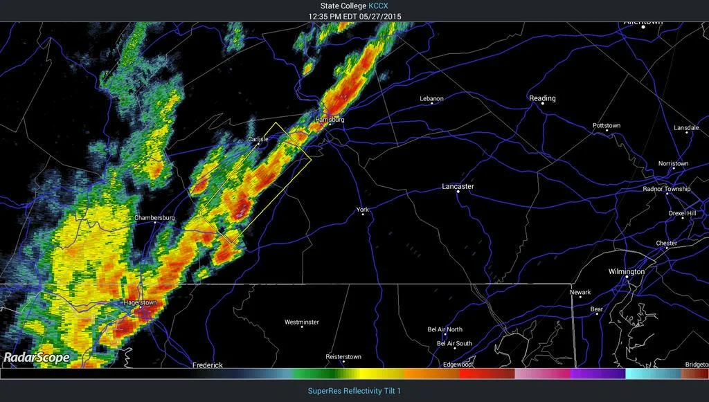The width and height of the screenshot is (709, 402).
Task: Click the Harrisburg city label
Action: coord(330,120)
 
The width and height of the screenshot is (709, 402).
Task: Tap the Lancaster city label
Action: coord(458,187)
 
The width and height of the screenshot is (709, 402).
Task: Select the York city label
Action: coord(363,209)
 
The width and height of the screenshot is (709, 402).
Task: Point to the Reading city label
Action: coord(542,98)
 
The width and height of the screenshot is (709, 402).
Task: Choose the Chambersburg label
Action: coord(154,218)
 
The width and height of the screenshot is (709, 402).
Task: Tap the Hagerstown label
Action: coord(140,303)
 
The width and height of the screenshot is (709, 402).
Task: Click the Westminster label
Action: coord(302,322)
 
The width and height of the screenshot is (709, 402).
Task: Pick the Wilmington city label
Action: coord(626,272)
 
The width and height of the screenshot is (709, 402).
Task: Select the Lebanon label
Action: coord(431,98)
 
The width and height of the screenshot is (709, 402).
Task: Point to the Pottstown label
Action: coord(607,126)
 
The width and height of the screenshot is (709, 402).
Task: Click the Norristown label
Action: coord(673,164)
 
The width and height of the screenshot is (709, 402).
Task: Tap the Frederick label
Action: coord(208,365)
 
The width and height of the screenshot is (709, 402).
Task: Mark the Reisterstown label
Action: coord(343,357)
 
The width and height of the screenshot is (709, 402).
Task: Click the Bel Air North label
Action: coord(445,329)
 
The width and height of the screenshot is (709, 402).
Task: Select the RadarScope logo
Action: coord(36,358)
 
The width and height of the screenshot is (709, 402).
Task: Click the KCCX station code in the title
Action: coord(377,6)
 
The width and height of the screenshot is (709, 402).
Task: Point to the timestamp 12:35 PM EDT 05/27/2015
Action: coord(354,16)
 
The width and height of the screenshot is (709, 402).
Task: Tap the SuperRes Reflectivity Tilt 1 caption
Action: coord(354,391)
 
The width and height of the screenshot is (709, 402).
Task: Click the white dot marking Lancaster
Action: coord(458,192)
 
